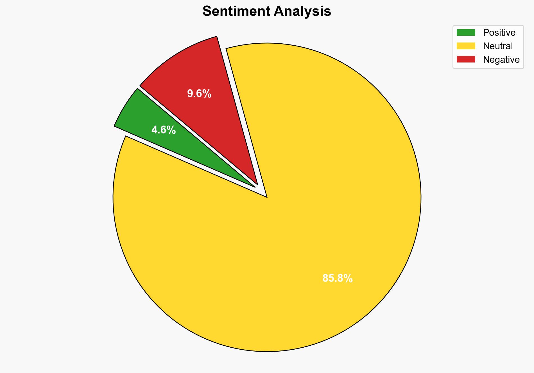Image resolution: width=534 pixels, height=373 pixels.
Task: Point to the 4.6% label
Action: [164, 130]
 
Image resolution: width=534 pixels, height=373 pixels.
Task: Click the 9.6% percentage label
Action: [199, 93]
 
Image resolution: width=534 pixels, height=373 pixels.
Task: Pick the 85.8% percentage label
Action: [337, 278]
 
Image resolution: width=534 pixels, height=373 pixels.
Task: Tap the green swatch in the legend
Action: [466, 33]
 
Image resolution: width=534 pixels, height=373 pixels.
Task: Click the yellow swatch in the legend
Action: [466, 46]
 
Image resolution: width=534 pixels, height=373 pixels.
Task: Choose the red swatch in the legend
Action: [466, 59]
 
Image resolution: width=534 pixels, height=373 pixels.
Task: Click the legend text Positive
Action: [499, 33]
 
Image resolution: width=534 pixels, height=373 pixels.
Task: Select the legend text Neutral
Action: [498, 46]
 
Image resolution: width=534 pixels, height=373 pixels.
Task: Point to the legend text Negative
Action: [501, 59]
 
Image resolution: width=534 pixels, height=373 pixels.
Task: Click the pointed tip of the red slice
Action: [257, 184]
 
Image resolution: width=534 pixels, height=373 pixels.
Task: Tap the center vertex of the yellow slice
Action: [266, 197]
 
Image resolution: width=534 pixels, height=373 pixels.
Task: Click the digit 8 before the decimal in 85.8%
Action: [325, 278]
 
